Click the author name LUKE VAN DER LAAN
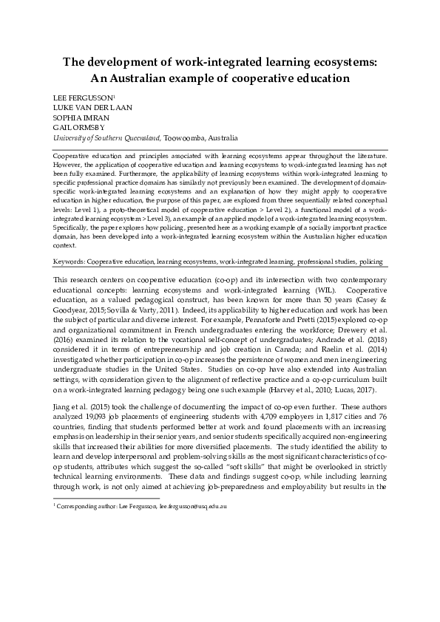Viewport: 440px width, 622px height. [90, 107]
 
